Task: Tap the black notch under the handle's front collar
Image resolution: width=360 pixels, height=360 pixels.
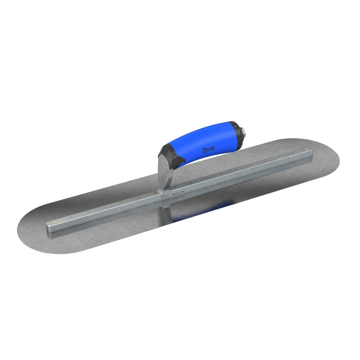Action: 178,162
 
